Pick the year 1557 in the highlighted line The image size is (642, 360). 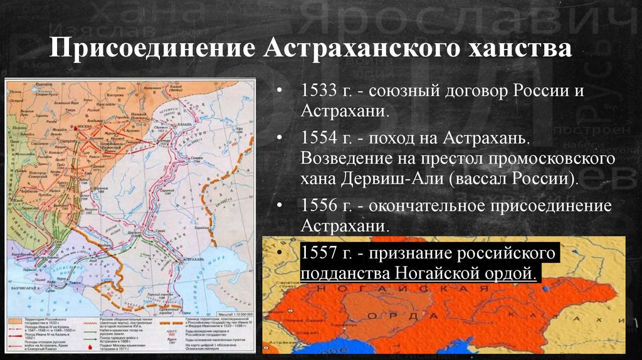[317, 254]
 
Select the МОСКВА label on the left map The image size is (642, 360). [84, 125]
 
